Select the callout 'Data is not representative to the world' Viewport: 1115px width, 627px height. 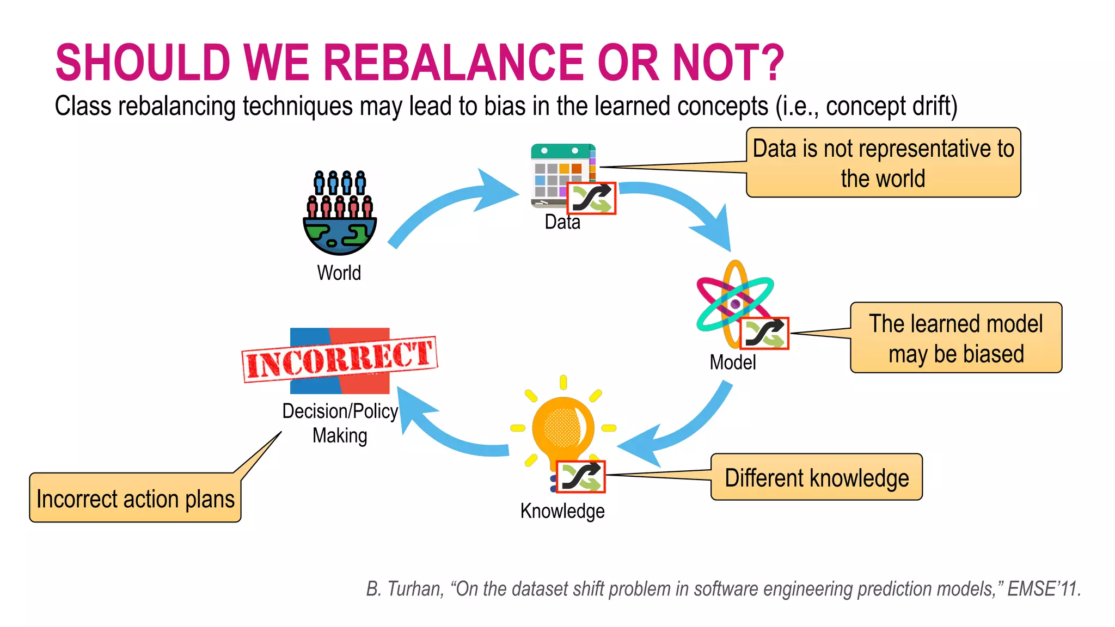pyautogui.click(x=883, y=163)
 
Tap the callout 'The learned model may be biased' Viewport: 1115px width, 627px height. pyautogui.click(x=955, y=338)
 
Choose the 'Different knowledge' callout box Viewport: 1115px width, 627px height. pyautogui.click(x=816, y=477)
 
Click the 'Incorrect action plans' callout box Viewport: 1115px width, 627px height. pyautogui.click(x=135, y=498)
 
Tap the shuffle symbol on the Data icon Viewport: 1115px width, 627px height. pyautogui.click(x=591, y=198)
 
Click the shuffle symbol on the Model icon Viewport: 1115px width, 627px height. pyautogui.click(x=764, y=333)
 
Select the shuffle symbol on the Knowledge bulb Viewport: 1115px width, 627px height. pyautogui.click(x=580, y=477)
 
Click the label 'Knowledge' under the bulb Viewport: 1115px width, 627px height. pyautogui.click(x=562, y=511)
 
